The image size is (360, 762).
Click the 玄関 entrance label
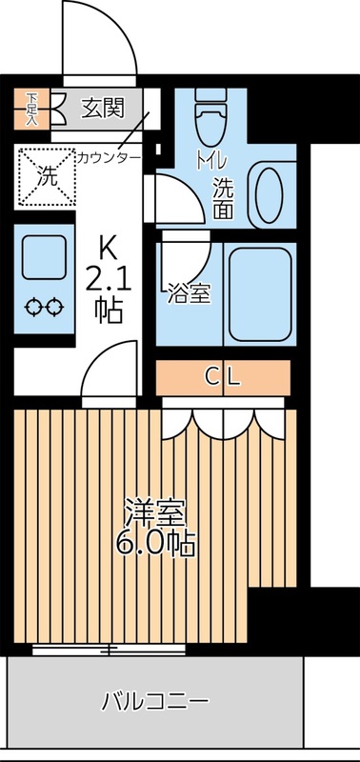[102, 108]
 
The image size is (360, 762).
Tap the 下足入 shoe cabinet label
[31, 108]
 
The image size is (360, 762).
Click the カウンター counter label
[110, 156]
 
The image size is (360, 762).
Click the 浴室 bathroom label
[187, 292]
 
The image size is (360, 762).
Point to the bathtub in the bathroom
[259, 293]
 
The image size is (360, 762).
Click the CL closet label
[222, 375]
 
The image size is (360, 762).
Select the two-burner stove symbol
[45, 307]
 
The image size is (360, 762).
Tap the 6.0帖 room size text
[157, 543]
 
